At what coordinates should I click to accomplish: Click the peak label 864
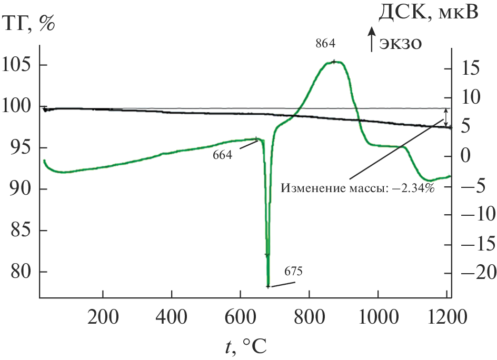pos(325,43)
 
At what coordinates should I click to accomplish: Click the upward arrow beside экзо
pos(372,41)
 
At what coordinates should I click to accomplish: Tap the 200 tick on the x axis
pos(103,317)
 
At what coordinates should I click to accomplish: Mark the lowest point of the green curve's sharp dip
pos(268,286)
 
